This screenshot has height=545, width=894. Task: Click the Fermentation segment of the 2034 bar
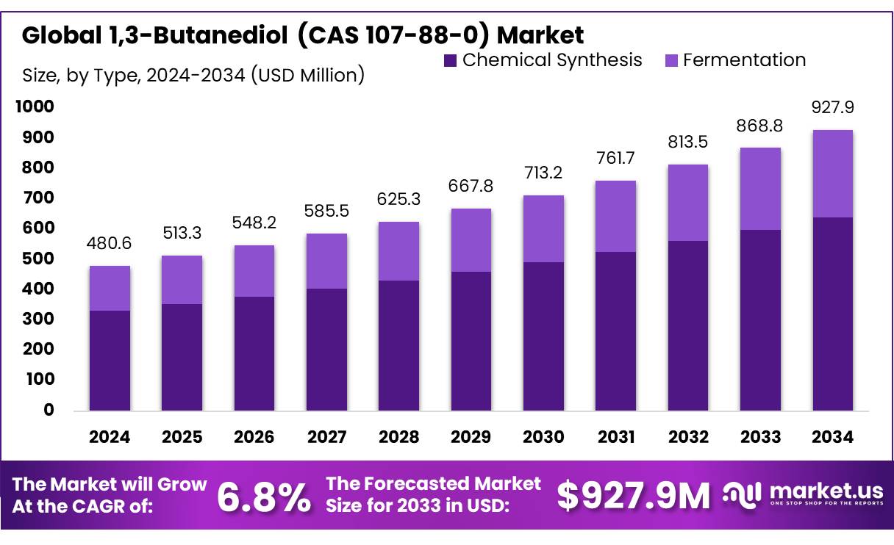tap(832, 173)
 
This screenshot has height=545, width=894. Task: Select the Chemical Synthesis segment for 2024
tap(110, 360)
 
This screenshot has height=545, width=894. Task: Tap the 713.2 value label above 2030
tap(543, 173)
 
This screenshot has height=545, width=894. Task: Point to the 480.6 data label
tap(110, 243)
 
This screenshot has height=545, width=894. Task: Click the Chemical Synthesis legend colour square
tap(450, 60)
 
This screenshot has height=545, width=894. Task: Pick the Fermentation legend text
tap(744, 60)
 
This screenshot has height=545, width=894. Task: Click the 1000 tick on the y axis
tap(34, 107)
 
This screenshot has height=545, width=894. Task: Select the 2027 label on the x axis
tap(326, 437)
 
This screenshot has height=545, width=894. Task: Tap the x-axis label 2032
tap(688, 437)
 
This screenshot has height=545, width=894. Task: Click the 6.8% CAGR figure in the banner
tap(264, 497)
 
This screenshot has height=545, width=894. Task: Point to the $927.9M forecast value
tap(633, 496)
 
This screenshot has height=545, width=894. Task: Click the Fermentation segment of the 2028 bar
tap(398, 251)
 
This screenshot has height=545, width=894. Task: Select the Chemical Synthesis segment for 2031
tap(615, 331)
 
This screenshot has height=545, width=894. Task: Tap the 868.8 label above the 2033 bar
tap(760, 126)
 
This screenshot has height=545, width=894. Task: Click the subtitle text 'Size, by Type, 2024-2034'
tap(135, 75)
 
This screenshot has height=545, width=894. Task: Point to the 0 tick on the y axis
tap(49, 410)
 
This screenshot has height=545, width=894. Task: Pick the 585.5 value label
tap(326, 212)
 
